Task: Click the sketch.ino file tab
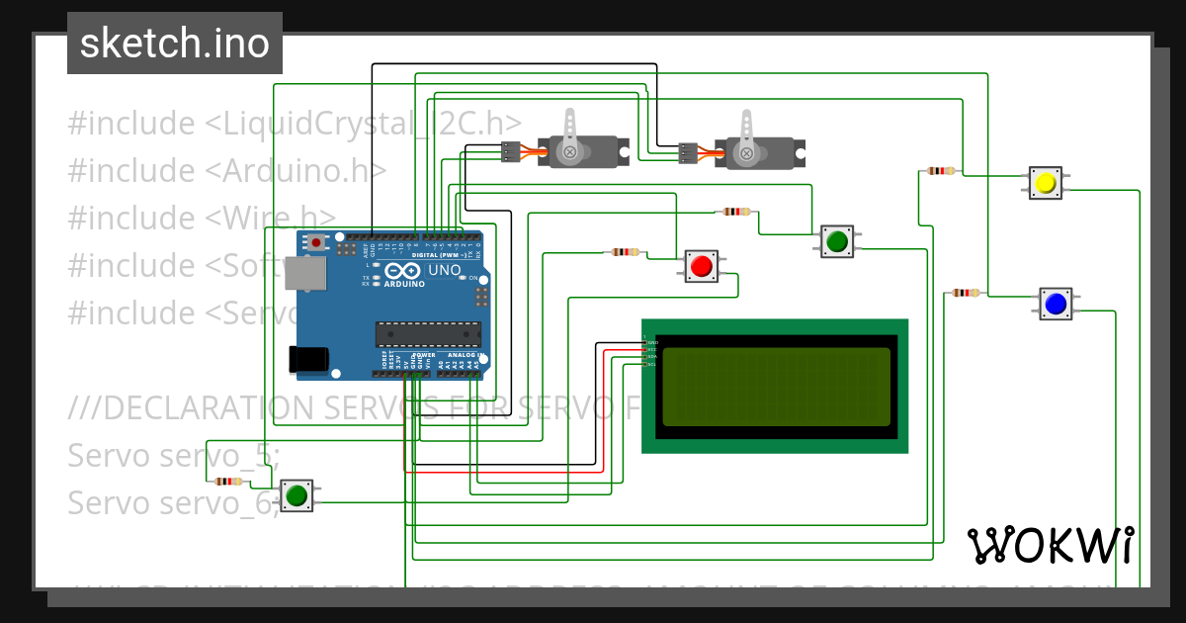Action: (175, 44)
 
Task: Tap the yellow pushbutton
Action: (1045, 183)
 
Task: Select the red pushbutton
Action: (702, 266)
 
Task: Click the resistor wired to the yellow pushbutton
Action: (940, 171)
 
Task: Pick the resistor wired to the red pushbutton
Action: (625, 252)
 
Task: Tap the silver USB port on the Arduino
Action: (303, 274)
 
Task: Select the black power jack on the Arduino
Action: (305, 360)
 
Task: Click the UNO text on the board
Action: (444, 269)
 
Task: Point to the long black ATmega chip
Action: (427, 334)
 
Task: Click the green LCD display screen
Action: (776, 386)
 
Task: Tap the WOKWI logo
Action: (1050, 545)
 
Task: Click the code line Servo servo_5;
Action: (174, 456)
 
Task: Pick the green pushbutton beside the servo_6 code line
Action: (296, 495)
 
